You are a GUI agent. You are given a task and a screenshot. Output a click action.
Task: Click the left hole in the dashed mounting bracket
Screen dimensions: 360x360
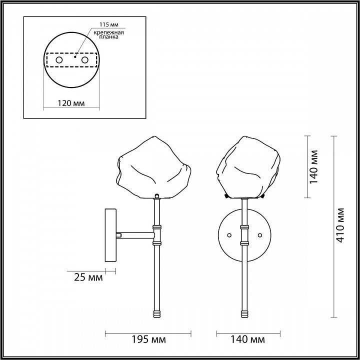pos(59,60)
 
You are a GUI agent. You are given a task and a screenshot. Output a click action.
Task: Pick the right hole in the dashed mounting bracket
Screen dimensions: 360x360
pos(84,60)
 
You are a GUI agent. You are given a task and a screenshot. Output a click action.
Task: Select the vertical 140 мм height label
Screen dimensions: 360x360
pos(313,166)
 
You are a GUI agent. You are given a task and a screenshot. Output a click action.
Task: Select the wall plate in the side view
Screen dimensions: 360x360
pos(110,235)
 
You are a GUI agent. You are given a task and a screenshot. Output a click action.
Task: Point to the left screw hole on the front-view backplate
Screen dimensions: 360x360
pos(229,234)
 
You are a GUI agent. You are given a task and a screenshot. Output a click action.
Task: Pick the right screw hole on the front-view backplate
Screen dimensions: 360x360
pos(259,234)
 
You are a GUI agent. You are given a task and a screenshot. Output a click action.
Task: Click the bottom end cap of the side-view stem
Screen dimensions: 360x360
pos(157,313)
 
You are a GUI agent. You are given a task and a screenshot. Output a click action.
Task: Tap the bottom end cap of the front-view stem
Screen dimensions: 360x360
pos(244,313)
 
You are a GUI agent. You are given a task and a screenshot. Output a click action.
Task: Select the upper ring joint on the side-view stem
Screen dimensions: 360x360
pos(157,227)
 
